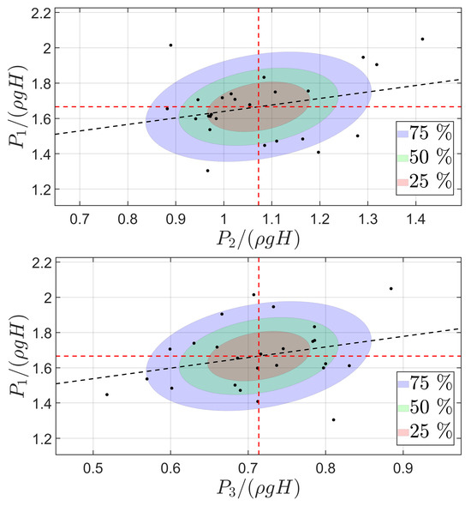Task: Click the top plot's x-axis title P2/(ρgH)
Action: [x=258, y=239]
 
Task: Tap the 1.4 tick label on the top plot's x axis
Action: [x=415, y=220]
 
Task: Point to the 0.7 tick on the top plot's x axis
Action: [x=80, y=220]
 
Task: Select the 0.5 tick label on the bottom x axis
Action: [x=92, y=468]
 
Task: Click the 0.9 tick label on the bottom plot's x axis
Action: [x=403, y=468]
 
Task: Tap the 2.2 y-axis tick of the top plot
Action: [x=42, y=14]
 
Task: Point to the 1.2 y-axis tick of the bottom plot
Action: [x=42, y=438]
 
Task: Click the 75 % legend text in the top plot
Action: [x=431, y=133]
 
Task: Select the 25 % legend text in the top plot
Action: [x=431, y=181]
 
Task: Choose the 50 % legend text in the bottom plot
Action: [x=431, y=407]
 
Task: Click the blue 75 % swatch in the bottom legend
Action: [x=403, y=384]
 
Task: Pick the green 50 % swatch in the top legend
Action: [x=402, y=158]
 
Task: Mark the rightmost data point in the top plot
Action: [x=422, y=39]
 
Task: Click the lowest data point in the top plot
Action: [x=207, y=171]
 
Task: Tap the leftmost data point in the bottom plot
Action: [x=107, y=395]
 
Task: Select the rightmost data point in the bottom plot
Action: [x=391, y=288]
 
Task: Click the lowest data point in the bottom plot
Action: [x=333, y=420]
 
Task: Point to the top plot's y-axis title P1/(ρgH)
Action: [x=18, y=106]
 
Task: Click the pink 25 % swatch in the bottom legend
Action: [x=403, y=432]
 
